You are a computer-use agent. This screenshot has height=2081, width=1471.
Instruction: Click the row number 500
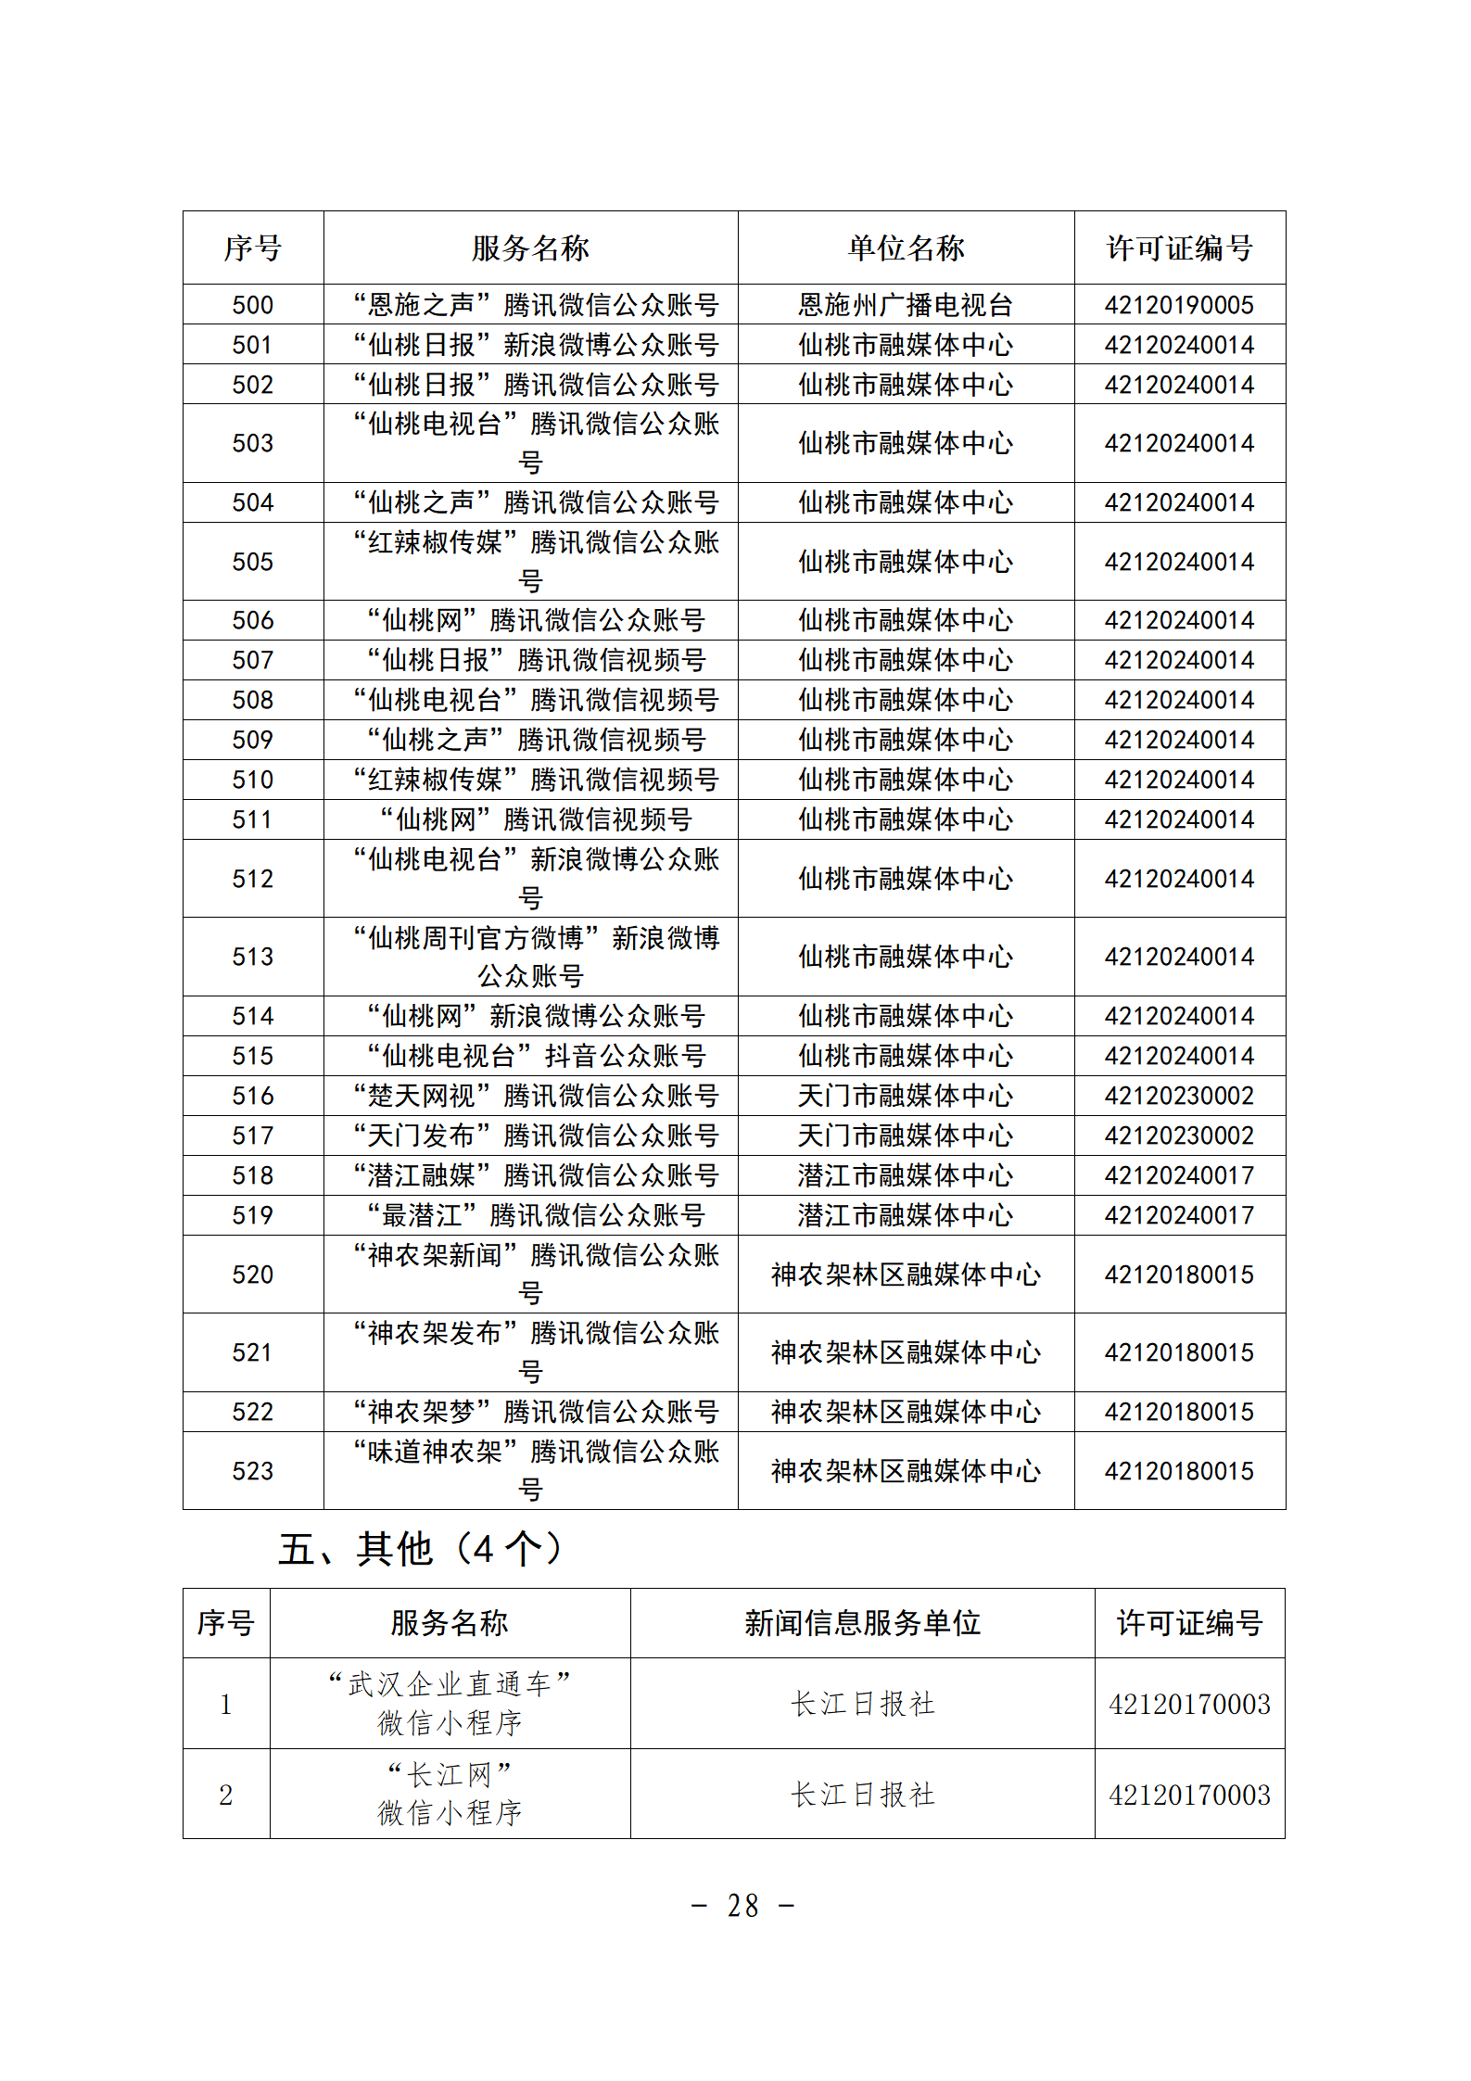pos(252,305)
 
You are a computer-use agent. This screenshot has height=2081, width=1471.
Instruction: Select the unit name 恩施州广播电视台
pos(906,305)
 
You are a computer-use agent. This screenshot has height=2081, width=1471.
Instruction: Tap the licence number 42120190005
pos(1179,305)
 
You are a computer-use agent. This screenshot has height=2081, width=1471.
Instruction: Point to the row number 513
pos(252,957)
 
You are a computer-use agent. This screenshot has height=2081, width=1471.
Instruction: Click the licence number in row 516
pos(1179,1096)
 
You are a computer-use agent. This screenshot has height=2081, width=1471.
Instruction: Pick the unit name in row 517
pos(906,1136)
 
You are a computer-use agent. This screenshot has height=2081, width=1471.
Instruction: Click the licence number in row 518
pos(1179,1175)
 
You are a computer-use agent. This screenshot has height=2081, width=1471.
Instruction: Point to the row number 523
pos(252,1471)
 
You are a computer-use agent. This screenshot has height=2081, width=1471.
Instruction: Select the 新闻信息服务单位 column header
pos(862,1623)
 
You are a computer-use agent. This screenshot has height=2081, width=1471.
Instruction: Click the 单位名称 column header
pos(906,248)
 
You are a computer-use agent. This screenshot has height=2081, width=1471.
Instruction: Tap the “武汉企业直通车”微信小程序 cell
pos(450,1704)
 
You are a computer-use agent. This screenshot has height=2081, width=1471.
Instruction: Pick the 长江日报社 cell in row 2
pos(862,1795)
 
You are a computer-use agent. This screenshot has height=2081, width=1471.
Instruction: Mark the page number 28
pos(742,1906)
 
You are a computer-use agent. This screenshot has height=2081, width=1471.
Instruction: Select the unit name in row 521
pos(906,1352)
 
